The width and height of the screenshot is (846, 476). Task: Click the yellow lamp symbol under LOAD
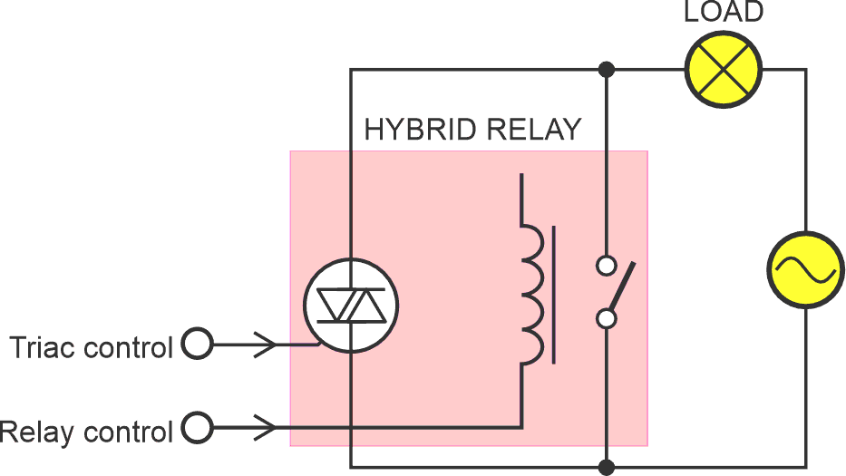pos(723,69)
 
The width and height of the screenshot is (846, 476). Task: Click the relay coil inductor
pos(533,295)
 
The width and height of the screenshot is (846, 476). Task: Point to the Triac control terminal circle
pos(197,345)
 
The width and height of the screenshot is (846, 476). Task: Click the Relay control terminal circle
pos(197,425)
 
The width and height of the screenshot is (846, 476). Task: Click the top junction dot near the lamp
pos(607,69)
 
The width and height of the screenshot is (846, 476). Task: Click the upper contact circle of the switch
pos(607,266)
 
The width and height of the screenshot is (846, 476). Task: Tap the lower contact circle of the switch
pos(607,318)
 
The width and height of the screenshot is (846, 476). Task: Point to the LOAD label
pos(724,12)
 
